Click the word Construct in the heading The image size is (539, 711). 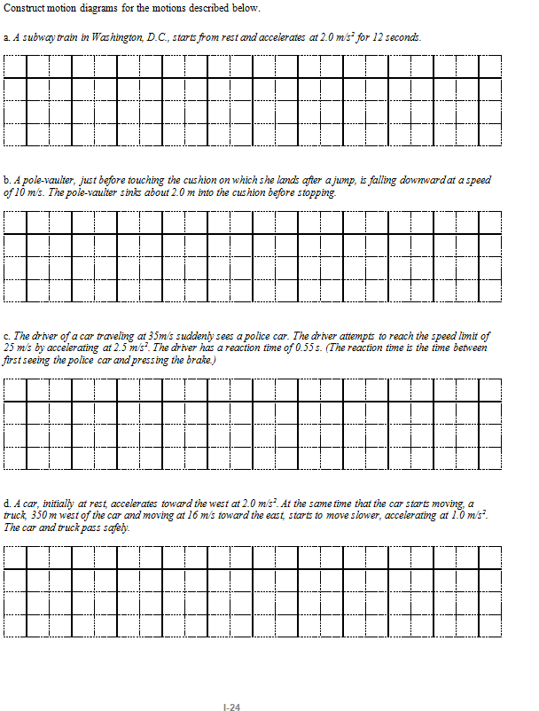click(x=24, y=8)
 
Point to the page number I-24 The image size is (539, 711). click(x=233, y=706)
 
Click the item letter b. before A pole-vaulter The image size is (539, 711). click(x=7, y=180)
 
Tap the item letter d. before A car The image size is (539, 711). click(x=7, y=504)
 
